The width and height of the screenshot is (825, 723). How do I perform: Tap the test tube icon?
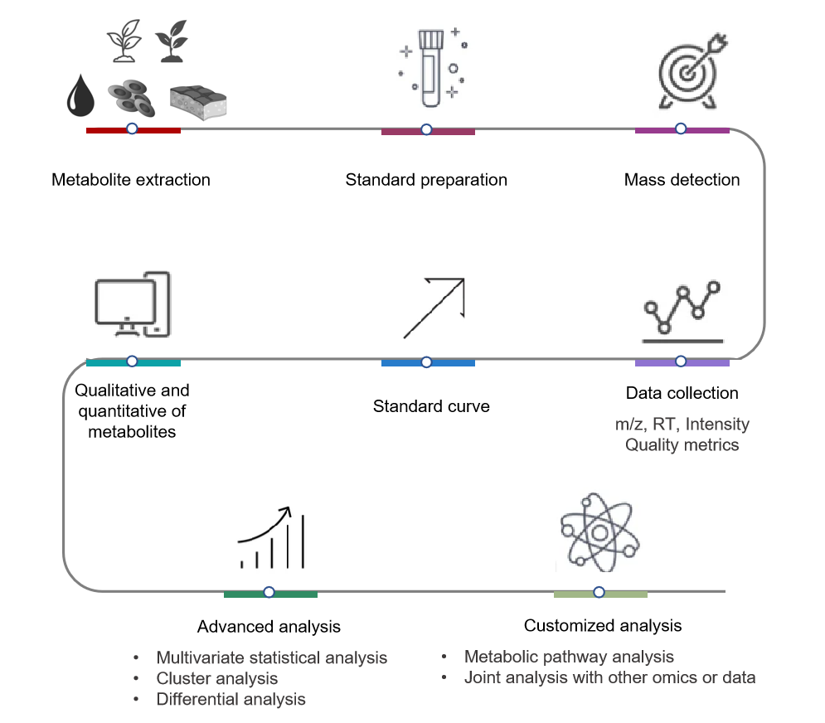430,68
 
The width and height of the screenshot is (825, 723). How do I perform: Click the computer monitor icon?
132,304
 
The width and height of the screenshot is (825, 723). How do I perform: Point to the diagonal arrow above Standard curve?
433,308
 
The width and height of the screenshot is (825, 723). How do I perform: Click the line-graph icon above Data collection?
684,313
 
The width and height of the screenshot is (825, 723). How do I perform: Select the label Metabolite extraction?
131,180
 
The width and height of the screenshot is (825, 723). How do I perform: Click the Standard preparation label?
426,180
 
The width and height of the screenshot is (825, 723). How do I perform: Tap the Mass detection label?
682,180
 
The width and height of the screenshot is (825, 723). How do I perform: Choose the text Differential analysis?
231,699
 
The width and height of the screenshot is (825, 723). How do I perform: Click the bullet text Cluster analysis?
216,678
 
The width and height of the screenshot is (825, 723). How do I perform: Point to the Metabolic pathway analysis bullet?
569,657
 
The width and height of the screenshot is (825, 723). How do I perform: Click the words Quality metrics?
682,445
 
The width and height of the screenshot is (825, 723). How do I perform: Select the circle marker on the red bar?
132,129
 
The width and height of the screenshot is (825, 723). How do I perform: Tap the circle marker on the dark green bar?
269,592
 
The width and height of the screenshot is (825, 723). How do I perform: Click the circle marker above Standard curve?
426,361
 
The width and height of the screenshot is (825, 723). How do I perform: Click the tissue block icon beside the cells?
197,102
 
